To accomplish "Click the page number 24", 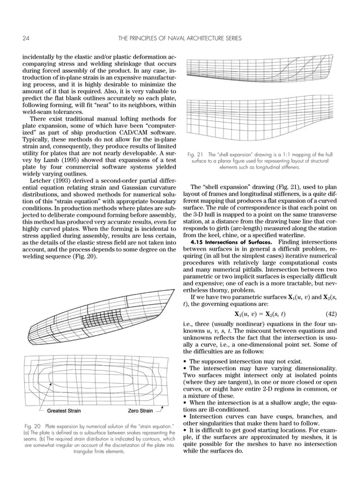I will (27, 38).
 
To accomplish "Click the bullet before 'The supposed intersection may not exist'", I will (186, 362).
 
